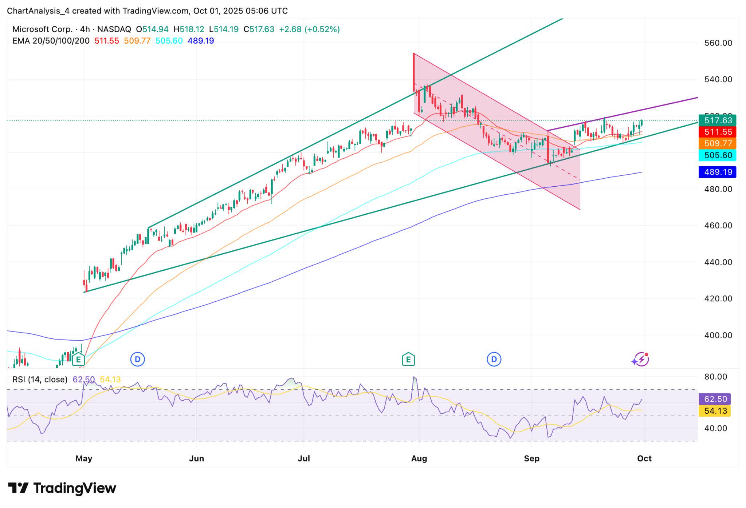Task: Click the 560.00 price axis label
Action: pos(718,43)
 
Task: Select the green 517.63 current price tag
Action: pos(717,120)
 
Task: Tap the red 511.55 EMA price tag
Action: pos(717,132)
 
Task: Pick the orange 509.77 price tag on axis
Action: pos(717,143)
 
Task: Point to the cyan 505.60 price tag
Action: pos(717,155)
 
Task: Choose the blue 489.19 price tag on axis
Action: pos(717,172)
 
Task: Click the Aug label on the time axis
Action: pos(419,458)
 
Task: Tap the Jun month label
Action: pos(196,458)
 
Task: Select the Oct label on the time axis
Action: pos(644,458)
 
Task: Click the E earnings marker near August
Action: pos(408,360)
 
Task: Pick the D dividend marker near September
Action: pos(494,360)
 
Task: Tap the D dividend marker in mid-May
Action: pos(138,360)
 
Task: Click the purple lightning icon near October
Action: pos(641,360)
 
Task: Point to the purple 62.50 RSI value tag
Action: pos(715,399)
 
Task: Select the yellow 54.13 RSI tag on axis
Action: pos(715,411)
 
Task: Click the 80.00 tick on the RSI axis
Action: pos(715,377)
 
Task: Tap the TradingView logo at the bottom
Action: pos(62,488)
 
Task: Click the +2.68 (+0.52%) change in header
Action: pos(309,29)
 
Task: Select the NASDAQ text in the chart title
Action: pos(114,29)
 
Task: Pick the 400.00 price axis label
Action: pos(718,335)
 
